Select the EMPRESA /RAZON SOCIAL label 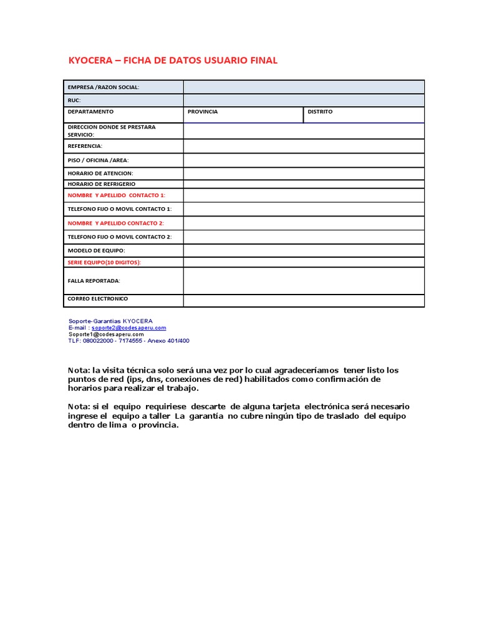pos(104,87)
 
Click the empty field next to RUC pos(304,100)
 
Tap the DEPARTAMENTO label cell pos(91,112)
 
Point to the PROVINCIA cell pos(203,112)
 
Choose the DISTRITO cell pos(320,112)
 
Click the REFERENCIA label pos(85,146)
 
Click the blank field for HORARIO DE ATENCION pos(304,173)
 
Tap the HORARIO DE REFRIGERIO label pos(101,184)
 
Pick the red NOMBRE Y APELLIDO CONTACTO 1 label pos(117,195)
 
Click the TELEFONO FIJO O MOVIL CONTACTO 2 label pos(119,237)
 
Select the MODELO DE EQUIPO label pos(96,250)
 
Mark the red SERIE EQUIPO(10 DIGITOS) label pos(104,263)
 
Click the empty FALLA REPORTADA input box pos(304,281)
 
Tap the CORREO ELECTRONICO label pos(98,299)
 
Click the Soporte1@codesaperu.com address pos(110,334)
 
